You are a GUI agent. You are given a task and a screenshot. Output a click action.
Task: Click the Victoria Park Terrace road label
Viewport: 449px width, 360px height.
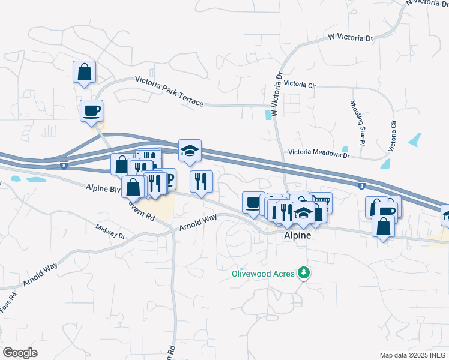(x=169, y=91)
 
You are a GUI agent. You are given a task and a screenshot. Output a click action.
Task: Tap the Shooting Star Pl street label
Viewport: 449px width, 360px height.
(x=358, y=123)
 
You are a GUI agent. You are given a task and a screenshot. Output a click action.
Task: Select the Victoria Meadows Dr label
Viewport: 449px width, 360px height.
(x=318, y=154)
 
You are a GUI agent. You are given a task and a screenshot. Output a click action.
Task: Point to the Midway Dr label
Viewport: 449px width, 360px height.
(x=110, y=232)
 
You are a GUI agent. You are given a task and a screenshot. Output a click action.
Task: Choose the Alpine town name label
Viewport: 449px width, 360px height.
(x=297, y=236)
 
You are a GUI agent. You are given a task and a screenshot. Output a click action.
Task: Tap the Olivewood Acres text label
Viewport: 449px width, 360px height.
(x=263, y=274)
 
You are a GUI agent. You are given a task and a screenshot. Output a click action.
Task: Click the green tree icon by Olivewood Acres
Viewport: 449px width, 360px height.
(x=304, y=274)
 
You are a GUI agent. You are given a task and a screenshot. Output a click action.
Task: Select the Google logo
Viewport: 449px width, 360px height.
(x=20, y=352)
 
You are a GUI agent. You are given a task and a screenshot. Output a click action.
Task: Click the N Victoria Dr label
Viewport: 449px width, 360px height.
(x=427, y=2)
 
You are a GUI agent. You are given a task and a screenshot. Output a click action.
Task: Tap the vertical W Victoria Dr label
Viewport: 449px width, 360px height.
(x=277, y=95)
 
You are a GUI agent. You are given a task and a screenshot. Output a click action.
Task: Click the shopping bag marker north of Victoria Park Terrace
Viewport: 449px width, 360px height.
(x=85, y=72)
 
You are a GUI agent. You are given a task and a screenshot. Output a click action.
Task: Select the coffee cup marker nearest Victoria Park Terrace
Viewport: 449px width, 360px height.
(x=91, y=110)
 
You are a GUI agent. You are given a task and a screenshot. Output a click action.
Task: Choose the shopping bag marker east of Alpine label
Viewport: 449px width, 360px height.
(x=384, y=227)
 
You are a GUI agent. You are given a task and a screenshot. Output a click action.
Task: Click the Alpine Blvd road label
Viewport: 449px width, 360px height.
(x=104, y=187)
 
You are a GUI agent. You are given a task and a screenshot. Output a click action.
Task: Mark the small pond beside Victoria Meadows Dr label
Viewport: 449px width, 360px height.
(x=345, y=149)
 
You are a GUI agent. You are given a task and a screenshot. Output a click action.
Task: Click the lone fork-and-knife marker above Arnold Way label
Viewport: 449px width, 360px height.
(x=201, y=181)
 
